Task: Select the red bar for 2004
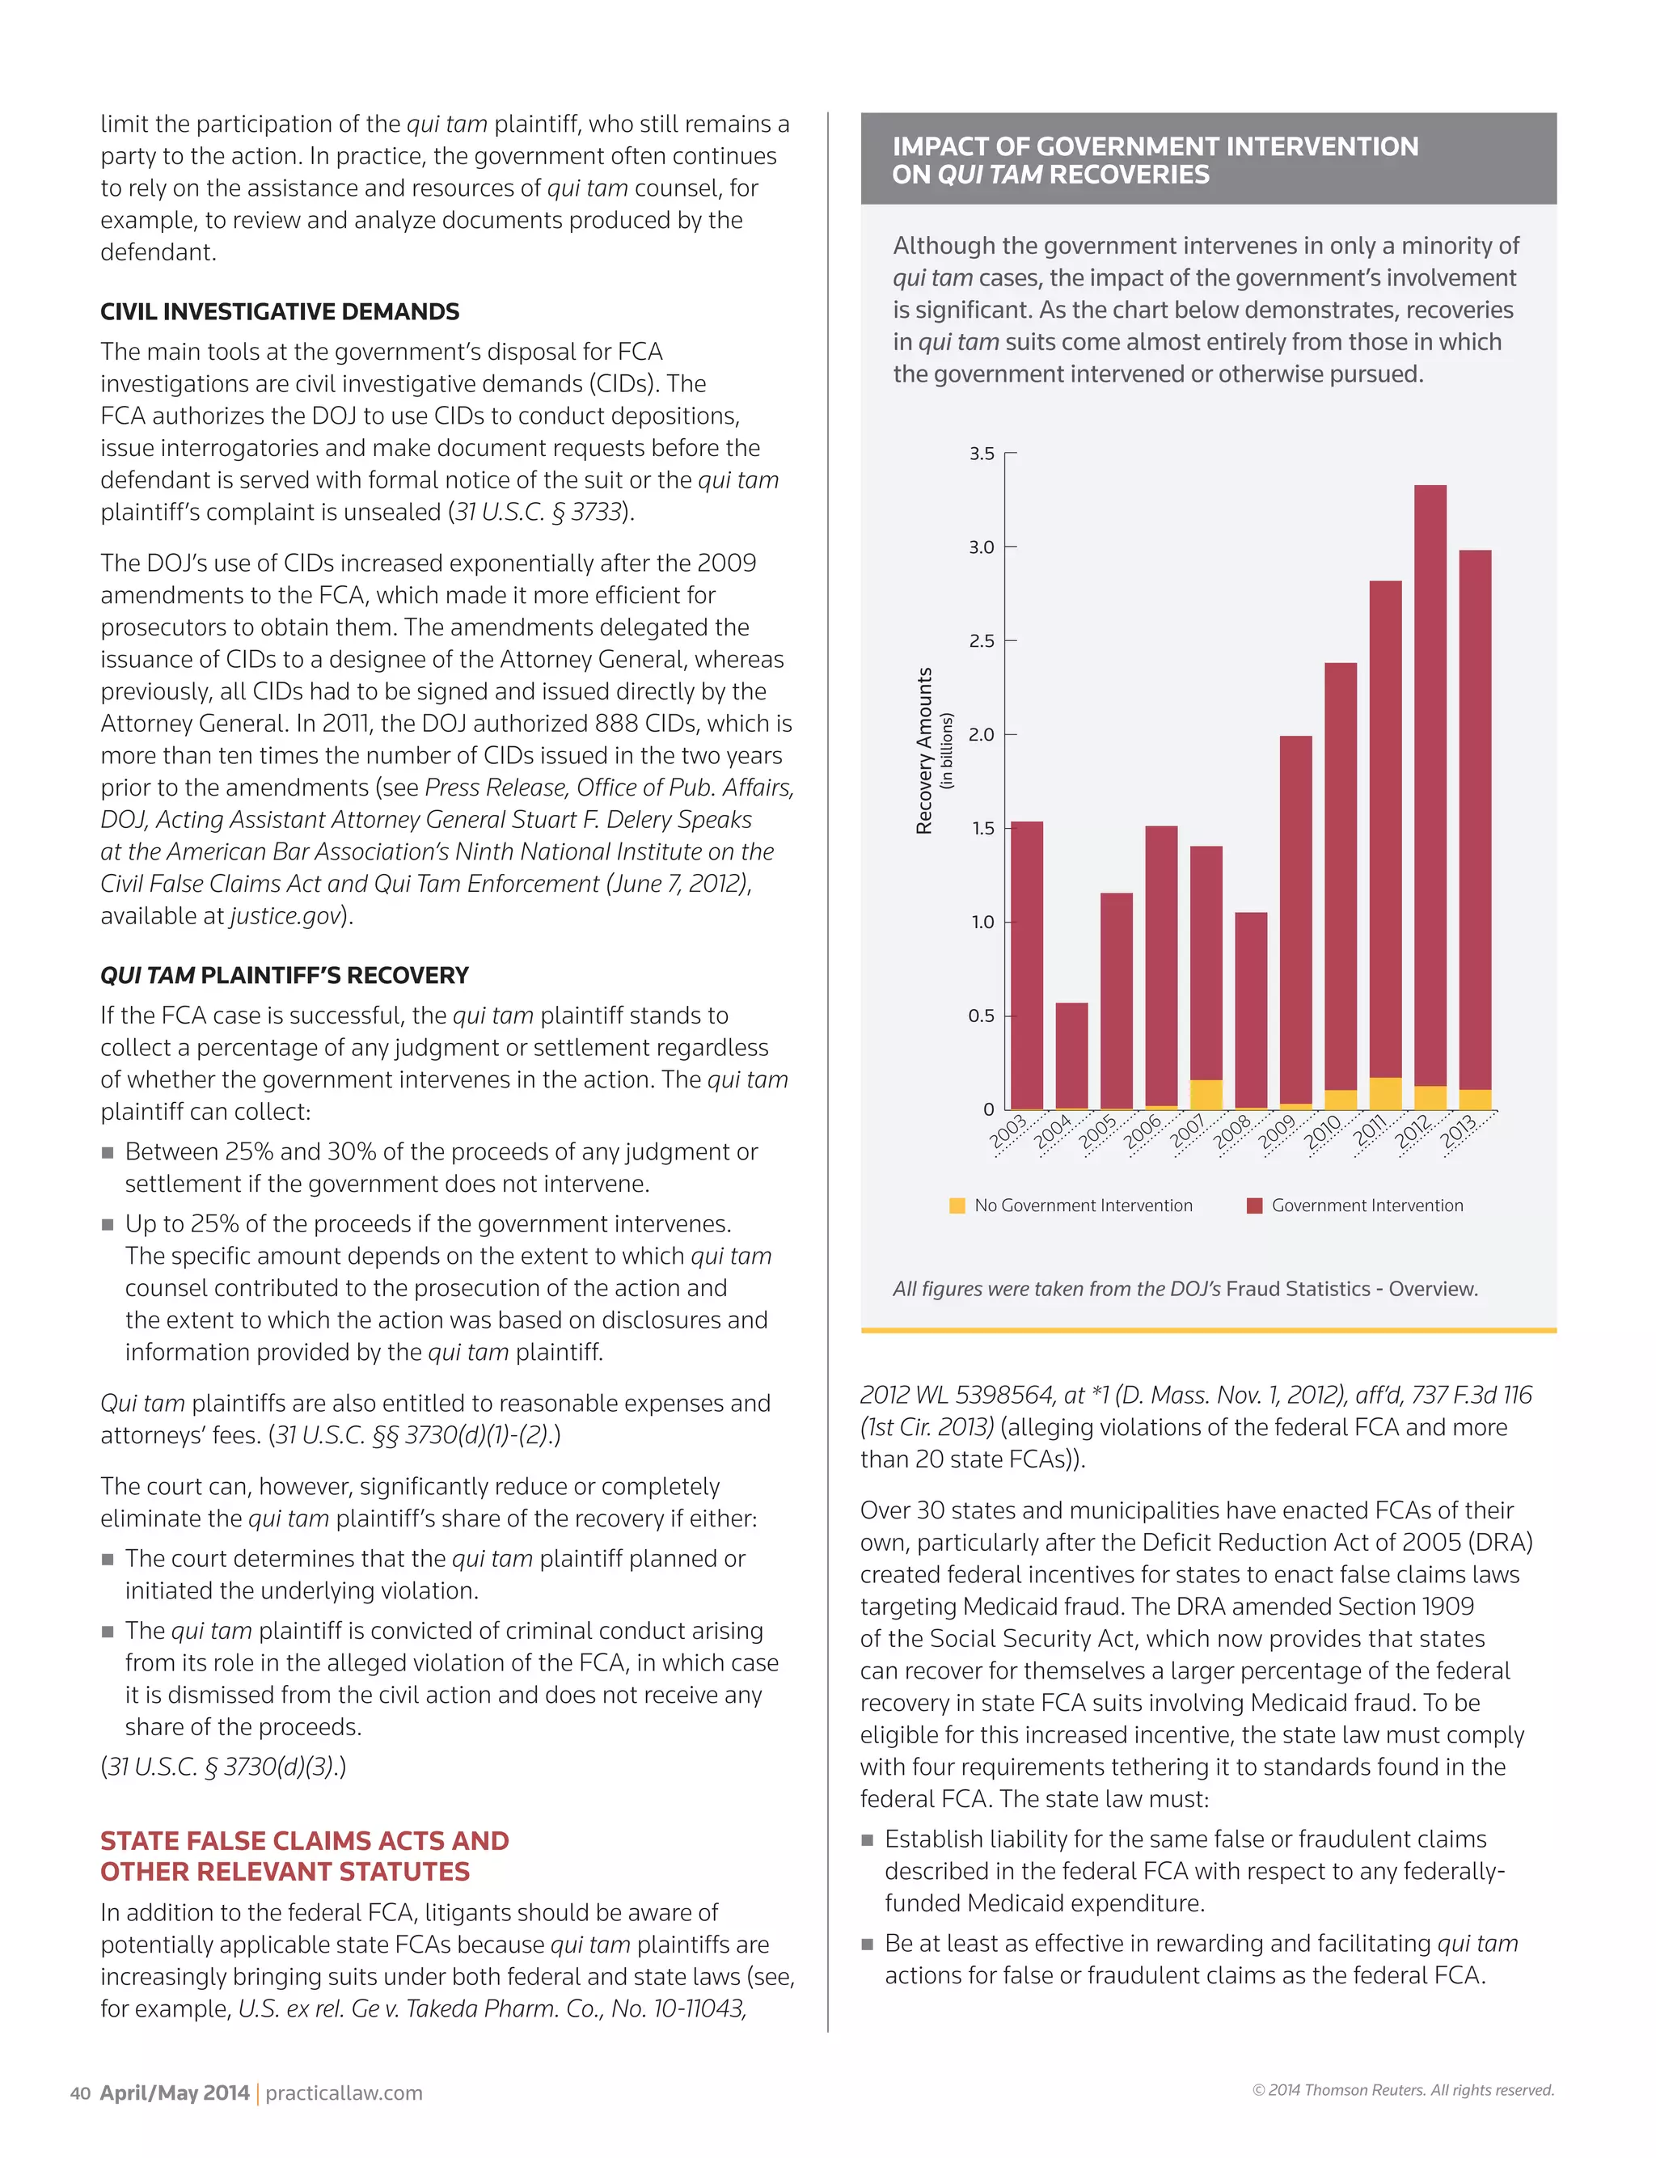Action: coord(1071,1054)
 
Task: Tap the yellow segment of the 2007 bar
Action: coord(1206,1094)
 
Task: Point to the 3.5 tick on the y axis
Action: coord(982,454)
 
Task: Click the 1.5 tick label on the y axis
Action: coord(982,829)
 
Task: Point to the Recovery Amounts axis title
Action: coord(923,751)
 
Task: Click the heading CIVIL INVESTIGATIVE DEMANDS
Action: coord(280,311)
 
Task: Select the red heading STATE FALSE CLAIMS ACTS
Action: coord(305,1841)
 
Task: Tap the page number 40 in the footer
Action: coord(80,2093)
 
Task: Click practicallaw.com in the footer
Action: coord(343,2093)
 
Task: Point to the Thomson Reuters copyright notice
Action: coord(1403,2090)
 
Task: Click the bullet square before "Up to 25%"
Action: coord(108,1225)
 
